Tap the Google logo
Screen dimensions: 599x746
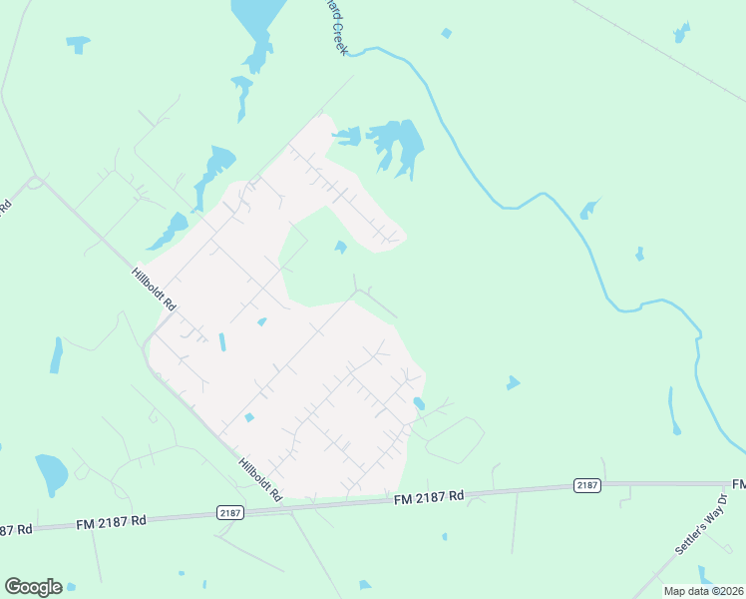pyautogui.click(x=33, y=587)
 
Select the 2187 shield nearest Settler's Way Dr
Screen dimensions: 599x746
pyautogui.click(x=587, y=485)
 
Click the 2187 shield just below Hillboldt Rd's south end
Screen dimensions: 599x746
pyautogui.click(x=229, y=512)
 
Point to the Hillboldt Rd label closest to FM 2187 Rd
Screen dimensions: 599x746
pyautogui.click(x=261, y=479)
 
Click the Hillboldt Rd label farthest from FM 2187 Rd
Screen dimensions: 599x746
pyautogui.click(x=155, y=289)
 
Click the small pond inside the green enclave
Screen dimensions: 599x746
pyautogui.click(x=341, y=247)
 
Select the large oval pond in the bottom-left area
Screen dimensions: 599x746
pyautogui.click(x=50, y=473)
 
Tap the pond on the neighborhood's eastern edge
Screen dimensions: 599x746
pyautogui.click(x=419, y=403)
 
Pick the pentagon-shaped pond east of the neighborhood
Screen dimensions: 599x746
pyautogui.click(x=513, y=382)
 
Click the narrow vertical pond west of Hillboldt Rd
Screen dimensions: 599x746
pyautogui.click(x=56, y=354)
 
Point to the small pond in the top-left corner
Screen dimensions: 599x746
pyautogui.click(x=78, y=43)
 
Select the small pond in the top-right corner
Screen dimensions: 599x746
pyautogui.click(x=681, y=33)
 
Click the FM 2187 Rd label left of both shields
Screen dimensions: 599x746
pyautogui.click(x=110, y=521)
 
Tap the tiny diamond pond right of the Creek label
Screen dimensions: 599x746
pyautogui.click(x=446, y=33)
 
